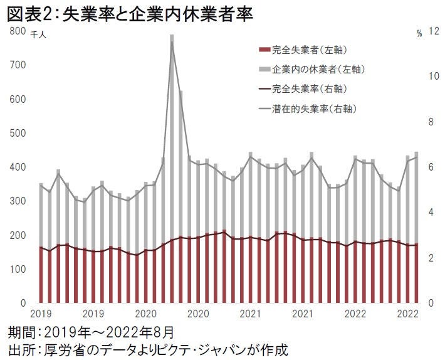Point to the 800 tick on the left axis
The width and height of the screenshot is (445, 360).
(x=17, y=31)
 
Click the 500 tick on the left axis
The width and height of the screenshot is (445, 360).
(x=17, y=133)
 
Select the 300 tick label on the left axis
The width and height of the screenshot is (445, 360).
(x=17, y=201)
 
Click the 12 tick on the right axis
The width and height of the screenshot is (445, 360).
(x=432, y=31)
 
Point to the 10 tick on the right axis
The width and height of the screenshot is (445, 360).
(x=432, y=77)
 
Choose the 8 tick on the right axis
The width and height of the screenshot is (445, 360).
(x=431, y=122)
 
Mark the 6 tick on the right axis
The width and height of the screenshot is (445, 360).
(x=431, y=167)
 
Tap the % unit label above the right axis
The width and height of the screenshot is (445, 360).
(x=419, y=34)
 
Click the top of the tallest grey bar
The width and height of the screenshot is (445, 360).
(x=172, y=36)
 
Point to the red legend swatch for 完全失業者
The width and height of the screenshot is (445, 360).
(x=263, y=50)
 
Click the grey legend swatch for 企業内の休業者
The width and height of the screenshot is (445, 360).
(x=263, y=69)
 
